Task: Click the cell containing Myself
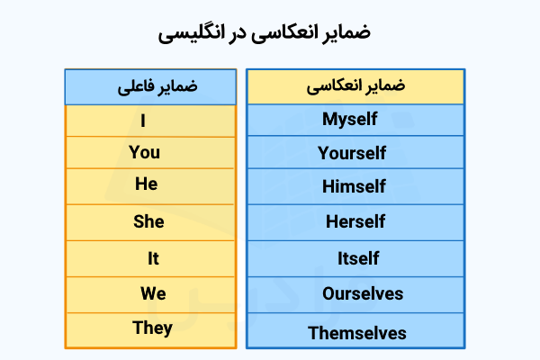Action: [356, 119]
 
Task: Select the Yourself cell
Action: [356, 153]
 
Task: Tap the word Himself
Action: [356, 187]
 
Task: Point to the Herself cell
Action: [356, 221]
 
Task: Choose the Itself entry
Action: [356, 259]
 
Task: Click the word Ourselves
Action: [356, 294]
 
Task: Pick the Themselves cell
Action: [356, 333]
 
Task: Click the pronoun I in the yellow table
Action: [143, 119]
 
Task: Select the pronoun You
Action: [144, 152]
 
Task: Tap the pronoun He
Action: [146, 184]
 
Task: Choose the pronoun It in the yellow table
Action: [153, 259]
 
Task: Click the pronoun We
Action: [153, 293]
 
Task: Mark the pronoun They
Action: [152, 328]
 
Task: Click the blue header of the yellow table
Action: [150, 87]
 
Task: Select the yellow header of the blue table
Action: [356, 86]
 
